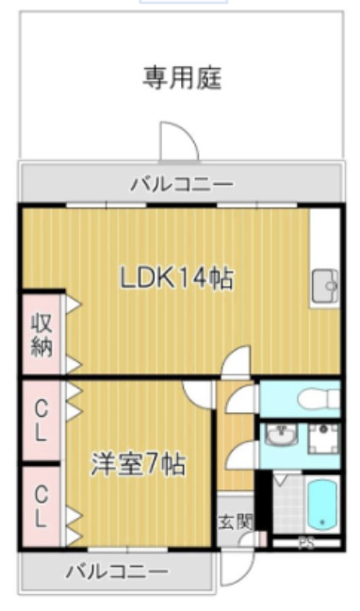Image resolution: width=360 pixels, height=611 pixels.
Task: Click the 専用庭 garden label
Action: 182,77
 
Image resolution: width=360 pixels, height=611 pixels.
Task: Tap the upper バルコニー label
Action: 182,183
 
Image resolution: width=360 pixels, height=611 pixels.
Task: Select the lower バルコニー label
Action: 117,571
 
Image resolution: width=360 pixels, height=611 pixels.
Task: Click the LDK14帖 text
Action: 176,278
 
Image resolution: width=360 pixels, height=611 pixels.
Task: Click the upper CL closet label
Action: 41,421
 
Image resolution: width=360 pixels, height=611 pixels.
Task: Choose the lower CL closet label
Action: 41,505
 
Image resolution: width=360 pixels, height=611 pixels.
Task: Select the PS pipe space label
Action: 305,543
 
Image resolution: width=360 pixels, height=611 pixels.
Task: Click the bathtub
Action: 323,504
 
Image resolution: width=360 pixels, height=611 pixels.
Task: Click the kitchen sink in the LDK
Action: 326,283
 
